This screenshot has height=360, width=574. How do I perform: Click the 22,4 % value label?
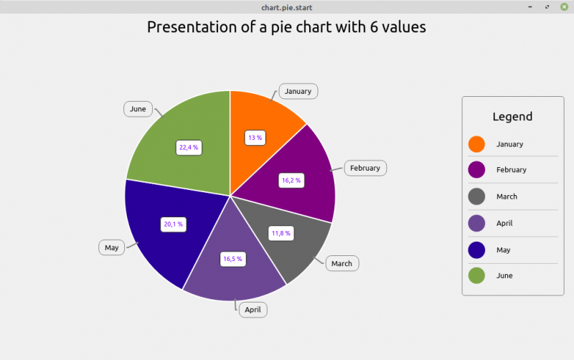pos(189,147)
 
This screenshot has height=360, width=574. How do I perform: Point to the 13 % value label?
pos(255,137)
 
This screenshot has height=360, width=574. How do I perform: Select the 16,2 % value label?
pos(291,180)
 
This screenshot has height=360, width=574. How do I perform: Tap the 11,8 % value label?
pos(281,233)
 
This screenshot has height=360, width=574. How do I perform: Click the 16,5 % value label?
pos(232,258)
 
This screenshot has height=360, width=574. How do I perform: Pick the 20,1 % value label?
pos(174,224)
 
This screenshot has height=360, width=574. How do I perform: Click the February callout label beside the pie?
pos(365,168)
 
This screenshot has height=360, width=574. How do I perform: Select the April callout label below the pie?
pos(253,310)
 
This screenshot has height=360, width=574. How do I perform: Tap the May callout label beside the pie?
pos(111,247)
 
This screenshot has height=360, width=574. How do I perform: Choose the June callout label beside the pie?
pos(138,109)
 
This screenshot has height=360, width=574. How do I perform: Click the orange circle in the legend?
pos(476,144)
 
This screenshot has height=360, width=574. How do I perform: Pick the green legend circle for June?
pos(476,275)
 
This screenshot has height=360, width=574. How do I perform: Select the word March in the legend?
pos(507,196)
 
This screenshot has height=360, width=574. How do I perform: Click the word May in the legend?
pos(503,250)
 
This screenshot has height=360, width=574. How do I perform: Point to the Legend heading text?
pos(512,117)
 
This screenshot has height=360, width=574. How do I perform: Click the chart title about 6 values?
pos(287,27)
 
